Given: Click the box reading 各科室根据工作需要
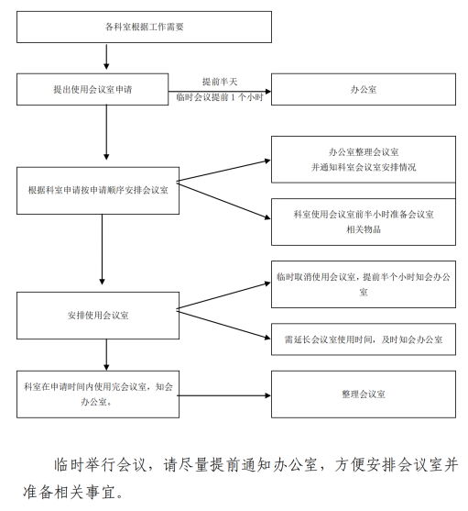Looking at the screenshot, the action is pos(144,27).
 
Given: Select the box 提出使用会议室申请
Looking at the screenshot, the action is pos(93,89).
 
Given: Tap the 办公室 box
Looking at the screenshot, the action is pos(364,89).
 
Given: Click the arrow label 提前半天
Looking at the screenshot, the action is pos(220,82).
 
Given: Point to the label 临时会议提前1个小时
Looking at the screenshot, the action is pos(220,97).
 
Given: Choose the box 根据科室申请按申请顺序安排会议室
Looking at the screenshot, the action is pos(98,191).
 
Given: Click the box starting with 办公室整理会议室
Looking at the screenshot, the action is pos(364,160).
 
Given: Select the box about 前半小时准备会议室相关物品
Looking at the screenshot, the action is pos(364,222).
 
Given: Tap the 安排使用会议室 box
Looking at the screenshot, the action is pos(98,316).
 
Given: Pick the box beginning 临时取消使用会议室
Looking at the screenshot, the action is pos(364,284).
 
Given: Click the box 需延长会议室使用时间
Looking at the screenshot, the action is pos(364,339).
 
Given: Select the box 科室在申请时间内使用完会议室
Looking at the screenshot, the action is pos(98,394).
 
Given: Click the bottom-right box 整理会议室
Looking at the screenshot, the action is pos(364,394).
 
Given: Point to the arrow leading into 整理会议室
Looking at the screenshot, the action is pos(224,395).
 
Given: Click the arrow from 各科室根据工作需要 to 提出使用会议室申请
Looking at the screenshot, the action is pos(106,56).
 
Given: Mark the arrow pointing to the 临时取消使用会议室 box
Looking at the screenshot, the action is pos(223,295).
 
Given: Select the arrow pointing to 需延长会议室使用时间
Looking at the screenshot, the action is pos(223,325).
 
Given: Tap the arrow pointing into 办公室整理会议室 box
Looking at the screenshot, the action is pos(223,171).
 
